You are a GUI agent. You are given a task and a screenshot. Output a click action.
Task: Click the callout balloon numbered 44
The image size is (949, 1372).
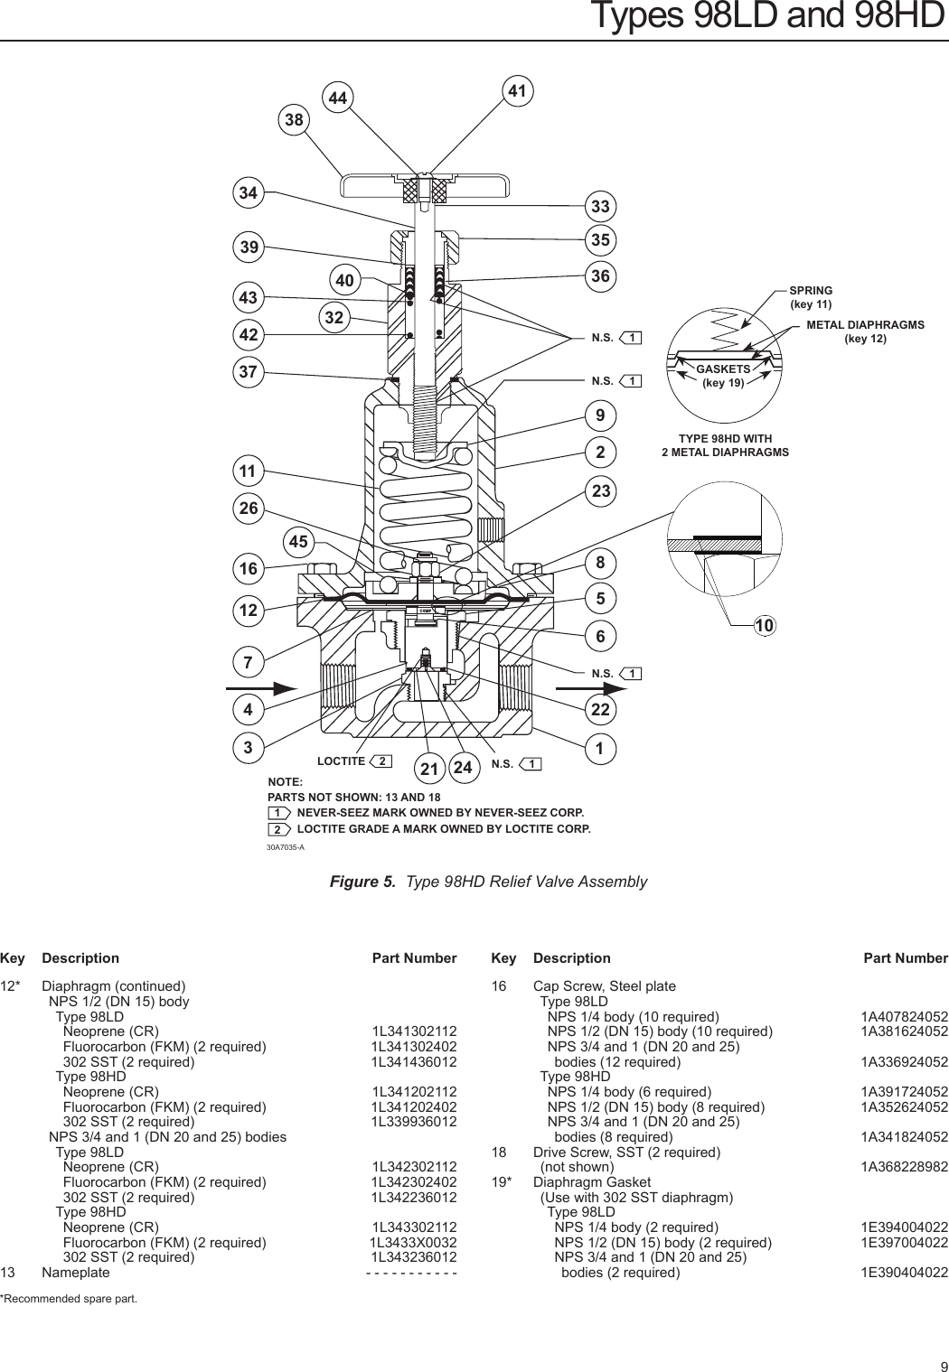click(x=340, y=98)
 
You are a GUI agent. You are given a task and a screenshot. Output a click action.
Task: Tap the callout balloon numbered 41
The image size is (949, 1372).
click(x=517, y=91)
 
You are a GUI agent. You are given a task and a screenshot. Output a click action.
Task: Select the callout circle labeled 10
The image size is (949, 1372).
click(x=765, y=626)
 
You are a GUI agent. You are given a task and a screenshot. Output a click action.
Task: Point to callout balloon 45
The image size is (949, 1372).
click(x=298, y=542)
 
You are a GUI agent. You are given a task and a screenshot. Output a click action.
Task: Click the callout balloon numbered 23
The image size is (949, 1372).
click(x=601, y=491)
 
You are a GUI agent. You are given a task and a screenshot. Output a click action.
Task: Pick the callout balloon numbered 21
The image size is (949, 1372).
click(x=429, y=770)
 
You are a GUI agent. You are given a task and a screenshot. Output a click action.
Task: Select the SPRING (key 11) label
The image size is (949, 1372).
click(x=811, y=297)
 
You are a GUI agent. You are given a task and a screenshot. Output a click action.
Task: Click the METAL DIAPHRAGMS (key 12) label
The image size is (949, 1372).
click(x=865, y=331)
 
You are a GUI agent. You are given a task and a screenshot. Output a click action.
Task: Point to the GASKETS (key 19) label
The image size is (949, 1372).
click(x=723, y=376)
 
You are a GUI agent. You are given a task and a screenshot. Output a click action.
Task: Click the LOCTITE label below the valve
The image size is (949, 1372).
click(x=341, y=761)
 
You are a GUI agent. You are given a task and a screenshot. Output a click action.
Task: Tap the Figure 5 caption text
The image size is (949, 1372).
click(x=488, y=882)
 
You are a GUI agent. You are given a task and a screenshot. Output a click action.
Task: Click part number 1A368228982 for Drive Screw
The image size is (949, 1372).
click(x=904, y=1167)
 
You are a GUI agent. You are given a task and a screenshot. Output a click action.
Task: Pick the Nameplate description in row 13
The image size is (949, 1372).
click(x=76, y=1273)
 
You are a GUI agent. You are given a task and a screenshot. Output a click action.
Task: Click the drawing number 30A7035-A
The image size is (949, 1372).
click(x=286, y=847)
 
